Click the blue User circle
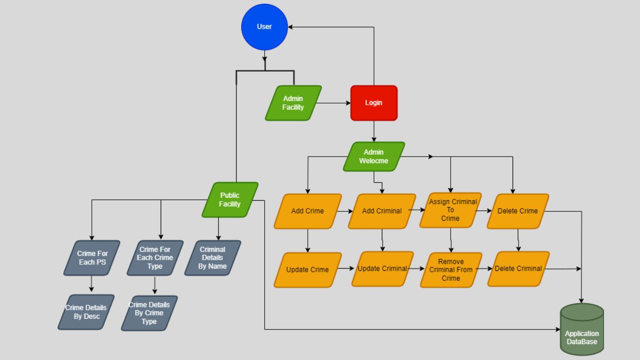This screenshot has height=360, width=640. [x=264, y=27]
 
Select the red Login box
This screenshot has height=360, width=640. [x=373, y=103]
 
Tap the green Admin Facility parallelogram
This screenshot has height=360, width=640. [x=293, y=103]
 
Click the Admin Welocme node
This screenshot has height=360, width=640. [x=373, y=157]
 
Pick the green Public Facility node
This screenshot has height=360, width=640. [x=230, y=200]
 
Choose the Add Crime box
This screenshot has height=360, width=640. [x=307, y=211]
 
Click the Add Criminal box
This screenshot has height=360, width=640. [x=381, y=211]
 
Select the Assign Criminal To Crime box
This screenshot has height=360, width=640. [x=450, y=210]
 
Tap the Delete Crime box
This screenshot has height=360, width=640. [x=517, y=211]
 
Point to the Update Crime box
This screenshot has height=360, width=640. [x=307, y=270]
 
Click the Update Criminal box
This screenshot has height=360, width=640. [x=382, y=269]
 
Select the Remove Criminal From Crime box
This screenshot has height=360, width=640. [x=451, y=270]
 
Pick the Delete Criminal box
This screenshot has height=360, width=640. [x=518, y=269]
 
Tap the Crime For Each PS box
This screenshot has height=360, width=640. [x=92, y=258]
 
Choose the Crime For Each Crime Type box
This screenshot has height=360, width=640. [x=155, y=258]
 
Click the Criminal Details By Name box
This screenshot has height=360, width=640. [x=212, y=258]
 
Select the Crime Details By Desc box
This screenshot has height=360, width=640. [x=86, y=312]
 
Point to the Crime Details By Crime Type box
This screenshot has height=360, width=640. [x=149, y=313]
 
